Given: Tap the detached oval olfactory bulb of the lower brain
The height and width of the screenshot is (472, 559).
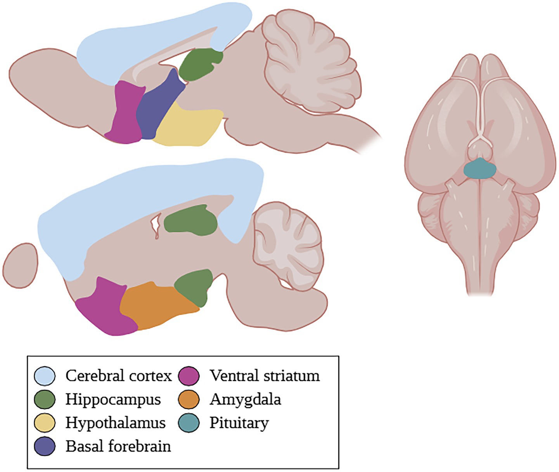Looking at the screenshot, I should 20,266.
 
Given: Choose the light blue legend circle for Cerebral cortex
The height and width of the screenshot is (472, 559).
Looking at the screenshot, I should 45,376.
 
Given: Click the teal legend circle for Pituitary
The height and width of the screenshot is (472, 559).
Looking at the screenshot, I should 189,423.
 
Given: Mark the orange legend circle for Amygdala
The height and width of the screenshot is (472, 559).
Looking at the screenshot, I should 189,399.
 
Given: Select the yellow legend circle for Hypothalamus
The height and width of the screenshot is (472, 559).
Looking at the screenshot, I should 45,423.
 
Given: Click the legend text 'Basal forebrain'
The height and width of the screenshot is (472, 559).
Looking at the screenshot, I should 118,446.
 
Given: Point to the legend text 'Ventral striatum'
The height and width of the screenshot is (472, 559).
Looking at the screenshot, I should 265,376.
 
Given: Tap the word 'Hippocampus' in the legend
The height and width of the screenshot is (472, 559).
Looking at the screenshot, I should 113,399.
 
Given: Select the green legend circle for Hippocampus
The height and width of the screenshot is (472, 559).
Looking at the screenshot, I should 45,399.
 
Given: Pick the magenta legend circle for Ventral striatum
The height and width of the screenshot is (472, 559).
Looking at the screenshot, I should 189,376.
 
